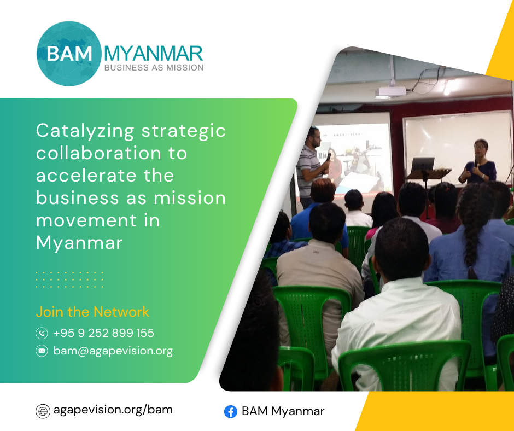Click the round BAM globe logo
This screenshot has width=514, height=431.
pyautogui.click(x=69, y=54)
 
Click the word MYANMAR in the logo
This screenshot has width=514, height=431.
pyautogui.click(x=154, y=54)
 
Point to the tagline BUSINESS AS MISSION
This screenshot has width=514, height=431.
pyautogui.click(x=154, y=68)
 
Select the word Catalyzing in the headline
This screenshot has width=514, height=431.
pyautogui.click(x=85, y=131)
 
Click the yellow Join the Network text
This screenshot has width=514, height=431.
pyautogui.click(x=92, y=312)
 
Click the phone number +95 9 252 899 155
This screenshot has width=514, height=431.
pyautogui.click(x=103, y=333)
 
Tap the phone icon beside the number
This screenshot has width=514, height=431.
pyautogui.click(x=42, y=333)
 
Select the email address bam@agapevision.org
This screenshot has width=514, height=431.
pyautogui.click(x=113, y=351)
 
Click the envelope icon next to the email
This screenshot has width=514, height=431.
pyautogui.click(x=42, y=351)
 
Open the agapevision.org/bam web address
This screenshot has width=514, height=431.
pyautogui.click(x=113, y=410)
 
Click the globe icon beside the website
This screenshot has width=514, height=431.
pyautogui.click(x=43, y=411)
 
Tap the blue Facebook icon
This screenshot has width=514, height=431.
pyautogui.click(x=231, y=412)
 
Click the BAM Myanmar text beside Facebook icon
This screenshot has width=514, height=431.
pyautogui.click(x=283, y=411)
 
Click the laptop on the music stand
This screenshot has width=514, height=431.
pyautogui.click(x=423, y=165)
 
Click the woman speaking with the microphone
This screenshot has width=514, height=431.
pyautogui.click(x=478, y=162)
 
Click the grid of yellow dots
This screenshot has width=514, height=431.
pyautogui.click(x=69, y=280)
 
